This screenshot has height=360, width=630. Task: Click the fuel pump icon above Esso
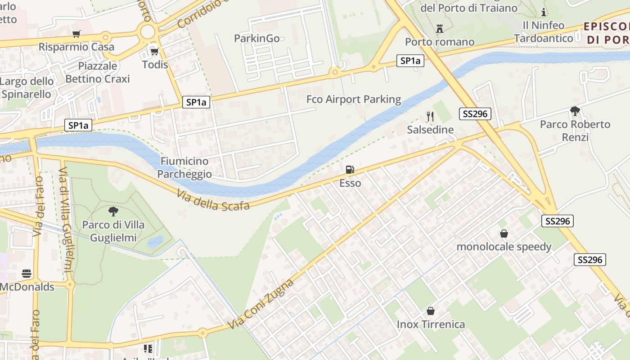click(350, 170)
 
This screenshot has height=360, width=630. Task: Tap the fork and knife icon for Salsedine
click(430, 117)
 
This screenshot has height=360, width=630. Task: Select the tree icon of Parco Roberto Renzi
click(575, 111)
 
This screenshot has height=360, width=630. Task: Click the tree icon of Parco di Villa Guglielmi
click(113, 211)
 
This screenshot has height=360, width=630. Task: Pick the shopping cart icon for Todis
click(155, 51)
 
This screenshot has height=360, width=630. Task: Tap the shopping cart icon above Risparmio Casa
click(76, 34)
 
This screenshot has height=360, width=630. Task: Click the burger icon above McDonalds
click(27, 274)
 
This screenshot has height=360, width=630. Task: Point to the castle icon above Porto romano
click(440, 29)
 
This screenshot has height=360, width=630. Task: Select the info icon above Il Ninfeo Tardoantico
click(544, 12)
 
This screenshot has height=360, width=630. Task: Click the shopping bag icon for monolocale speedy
click(504, 234)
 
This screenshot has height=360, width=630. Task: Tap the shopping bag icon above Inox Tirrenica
click(431, 311)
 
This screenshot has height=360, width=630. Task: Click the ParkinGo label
click(257, 39)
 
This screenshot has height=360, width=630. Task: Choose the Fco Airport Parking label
click(354, 99)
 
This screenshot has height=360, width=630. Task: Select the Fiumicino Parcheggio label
click(184, 167)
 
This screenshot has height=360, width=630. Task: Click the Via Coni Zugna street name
click(261, 304)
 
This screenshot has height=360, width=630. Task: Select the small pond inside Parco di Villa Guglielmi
click(155, 242)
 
